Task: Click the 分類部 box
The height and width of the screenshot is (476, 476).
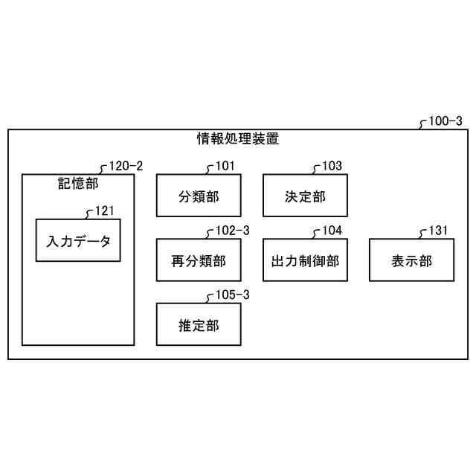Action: click(x=199, y=196)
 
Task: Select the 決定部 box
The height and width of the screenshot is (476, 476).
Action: click(x=305, y=196)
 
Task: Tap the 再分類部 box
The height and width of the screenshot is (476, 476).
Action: click(x=199, y=260)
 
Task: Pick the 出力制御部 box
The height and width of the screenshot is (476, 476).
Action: click(x=305, y=260)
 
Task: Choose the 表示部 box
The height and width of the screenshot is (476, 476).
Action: click(x=411, y=260)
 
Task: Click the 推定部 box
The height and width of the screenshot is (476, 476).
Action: click(x=199, y=324)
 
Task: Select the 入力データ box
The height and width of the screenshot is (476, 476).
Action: click(x=78, y=240)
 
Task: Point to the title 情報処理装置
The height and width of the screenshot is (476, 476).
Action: click(x=237, y=138)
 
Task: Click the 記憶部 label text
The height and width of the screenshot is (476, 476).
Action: click(x=78, y=182)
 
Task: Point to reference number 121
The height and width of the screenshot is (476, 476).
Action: click(x=104, y=211)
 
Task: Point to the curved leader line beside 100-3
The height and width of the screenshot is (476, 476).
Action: click(x=424, y=125)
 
